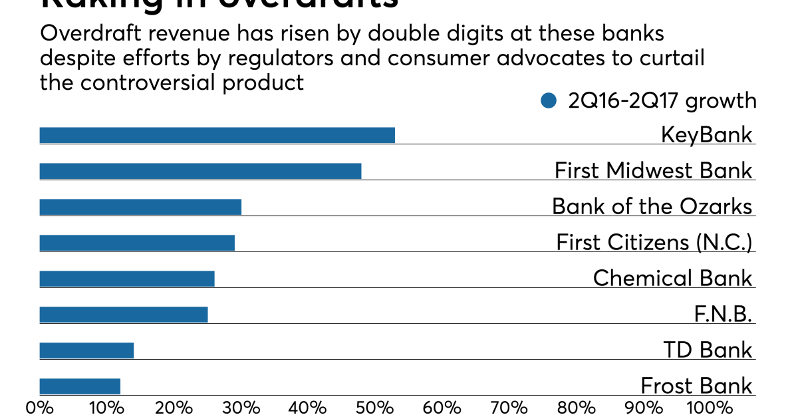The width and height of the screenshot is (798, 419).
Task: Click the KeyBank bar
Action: [217, 135]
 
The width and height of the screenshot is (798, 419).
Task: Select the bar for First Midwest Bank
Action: [200, 171]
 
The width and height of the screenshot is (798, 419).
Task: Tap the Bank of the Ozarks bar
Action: [140, 207]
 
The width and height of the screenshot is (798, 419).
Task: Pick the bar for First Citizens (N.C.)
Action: [137, 243]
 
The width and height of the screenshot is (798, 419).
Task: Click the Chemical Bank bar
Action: [127, 279]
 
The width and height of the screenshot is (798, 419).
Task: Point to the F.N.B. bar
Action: [124, 315]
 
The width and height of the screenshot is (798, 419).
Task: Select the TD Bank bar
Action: [86, 350]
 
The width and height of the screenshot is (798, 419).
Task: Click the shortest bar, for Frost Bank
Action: [80, 386]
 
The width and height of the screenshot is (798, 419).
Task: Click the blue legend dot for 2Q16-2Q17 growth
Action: [549, 100]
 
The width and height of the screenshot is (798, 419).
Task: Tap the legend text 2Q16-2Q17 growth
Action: [662, 100]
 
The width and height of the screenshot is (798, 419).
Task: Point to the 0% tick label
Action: [39, 407]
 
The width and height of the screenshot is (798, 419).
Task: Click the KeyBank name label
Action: [706, 135]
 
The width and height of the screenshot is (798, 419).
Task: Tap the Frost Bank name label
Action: [696, 386]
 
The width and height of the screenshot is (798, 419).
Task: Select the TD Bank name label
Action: [708, 350]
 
